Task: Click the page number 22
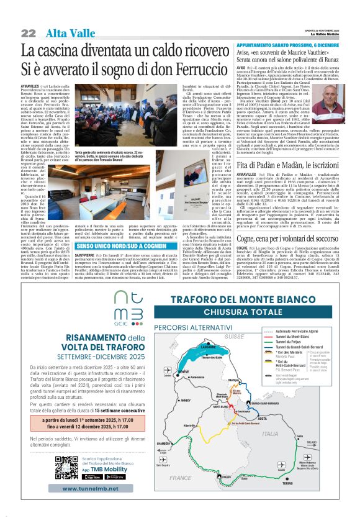click(29, 32)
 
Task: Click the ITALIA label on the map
click(288, 434)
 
